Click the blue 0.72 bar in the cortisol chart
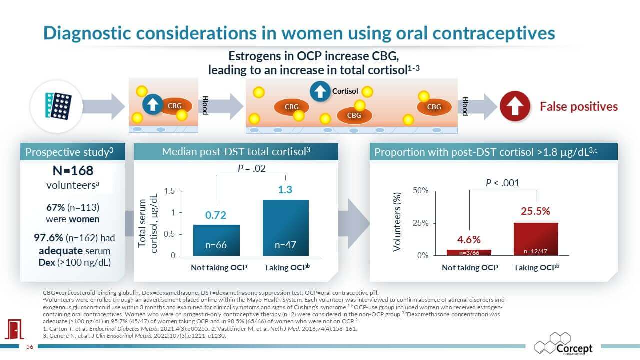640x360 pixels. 216,240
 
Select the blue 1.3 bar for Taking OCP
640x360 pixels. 285,227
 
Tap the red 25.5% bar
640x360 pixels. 536,239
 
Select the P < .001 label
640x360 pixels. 503,183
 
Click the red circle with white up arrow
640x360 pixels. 515,106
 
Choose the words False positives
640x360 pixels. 579,106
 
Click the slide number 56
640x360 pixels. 29,348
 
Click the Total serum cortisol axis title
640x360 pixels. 148,222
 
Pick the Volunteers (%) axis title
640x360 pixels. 397,222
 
